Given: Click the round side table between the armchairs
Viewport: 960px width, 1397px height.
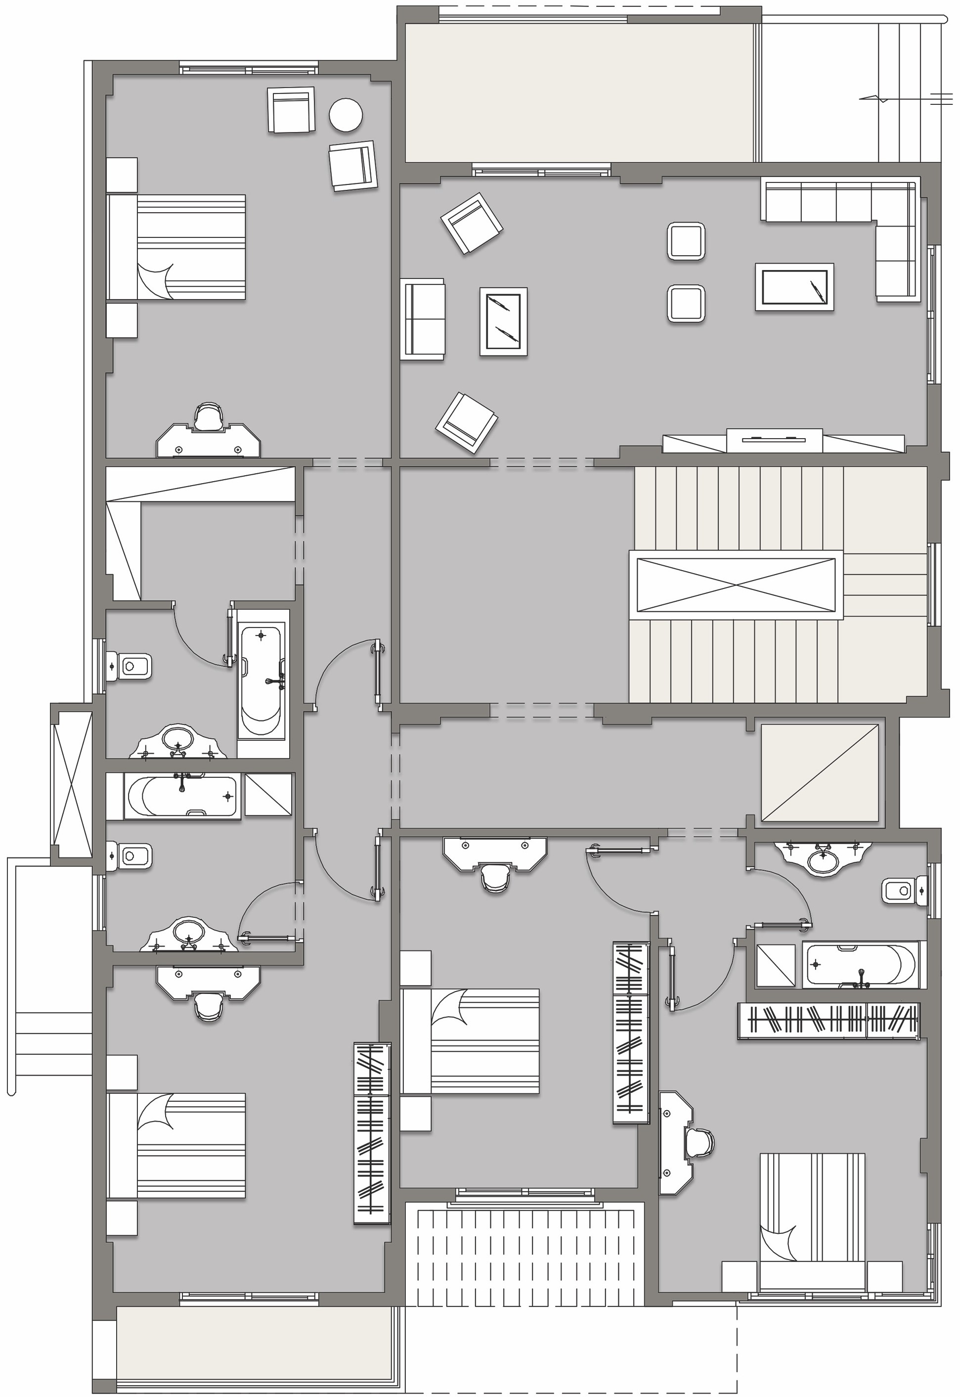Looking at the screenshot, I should [346, 114].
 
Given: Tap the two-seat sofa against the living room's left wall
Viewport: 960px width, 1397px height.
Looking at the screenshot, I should [422, 319].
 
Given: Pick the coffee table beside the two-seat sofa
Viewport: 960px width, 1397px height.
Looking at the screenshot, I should [503, 322].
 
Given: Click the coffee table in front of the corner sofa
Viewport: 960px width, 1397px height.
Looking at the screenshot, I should [794, 287].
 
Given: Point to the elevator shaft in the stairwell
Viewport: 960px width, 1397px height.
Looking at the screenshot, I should [736, 584].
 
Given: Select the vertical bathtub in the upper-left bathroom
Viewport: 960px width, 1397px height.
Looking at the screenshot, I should [262, 680].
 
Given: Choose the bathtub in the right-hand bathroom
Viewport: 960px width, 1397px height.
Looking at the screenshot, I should [860, 964].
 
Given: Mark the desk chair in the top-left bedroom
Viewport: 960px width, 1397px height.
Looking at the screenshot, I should [208, 416].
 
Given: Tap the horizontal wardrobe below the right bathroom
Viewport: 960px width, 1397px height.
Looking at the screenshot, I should [829, 1020].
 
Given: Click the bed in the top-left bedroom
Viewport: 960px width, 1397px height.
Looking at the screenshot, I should [180, 247].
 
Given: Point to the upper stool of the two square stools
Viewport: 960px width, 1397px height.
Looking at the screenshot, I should [686, 241].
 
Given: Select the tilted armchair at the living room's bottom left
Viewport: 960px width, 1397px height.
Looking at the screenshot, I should [466, 422].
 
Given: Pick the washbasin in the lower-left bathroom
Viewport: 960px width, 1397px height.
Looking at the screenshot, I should [188, 935].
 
